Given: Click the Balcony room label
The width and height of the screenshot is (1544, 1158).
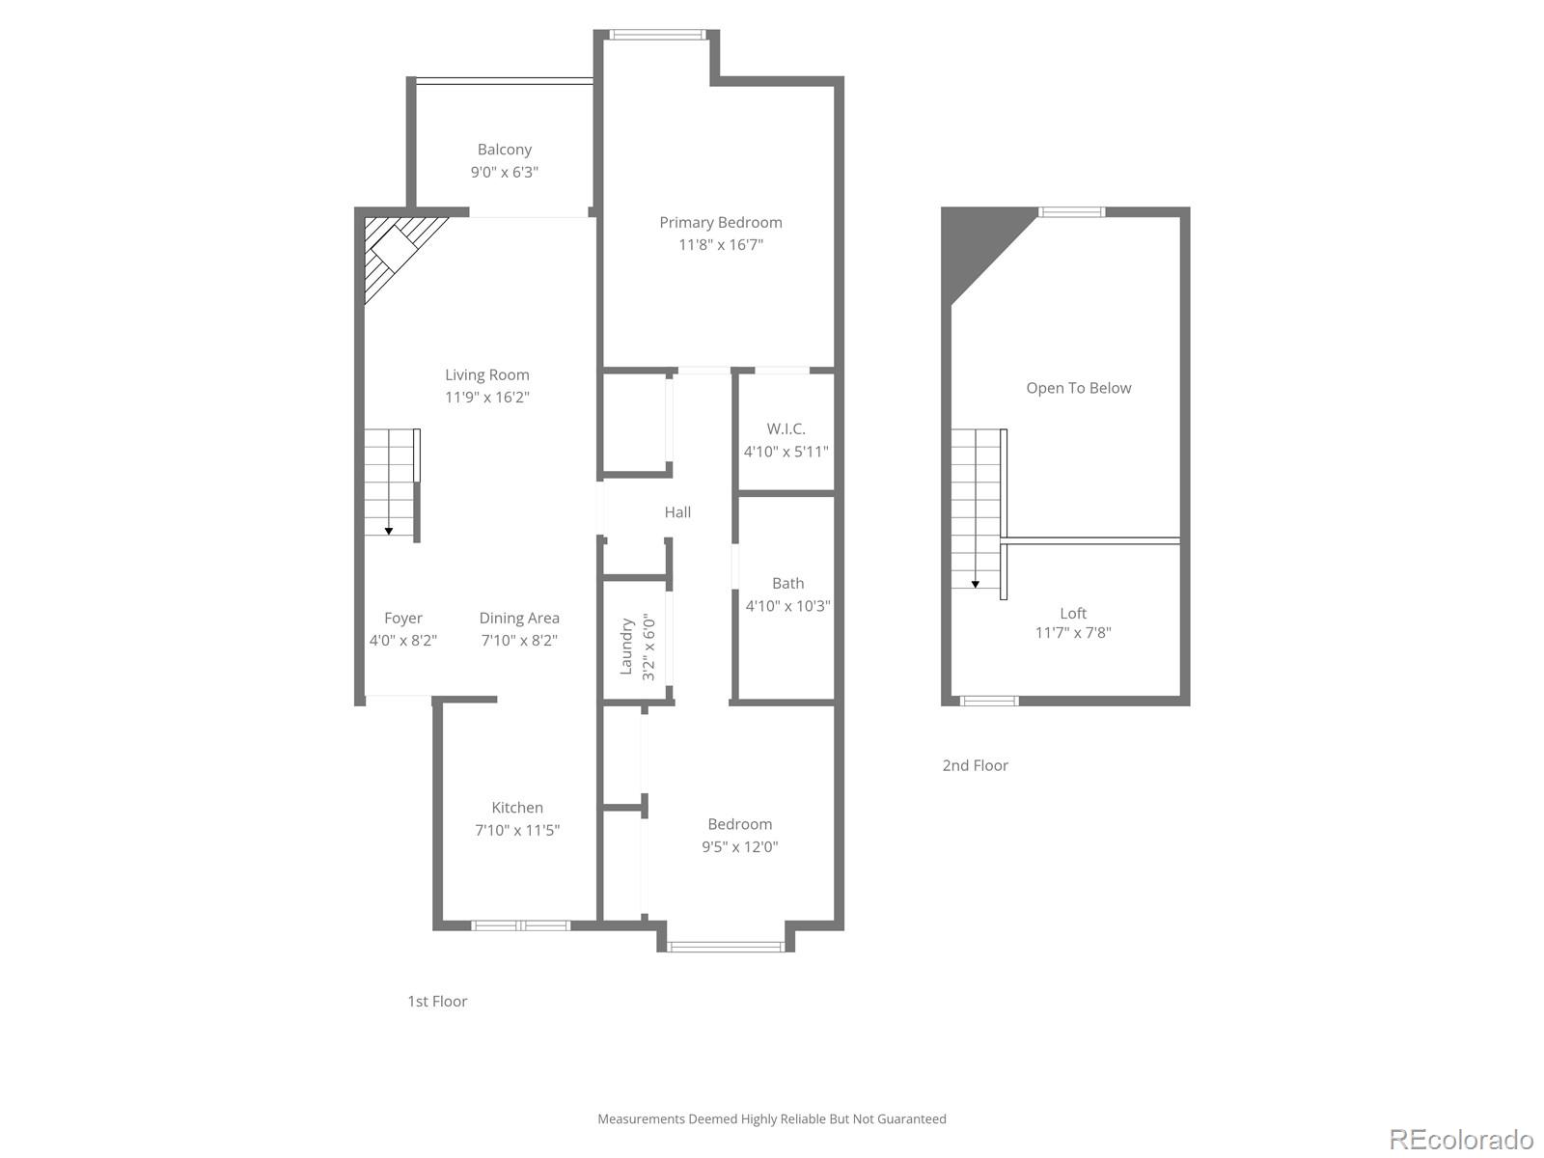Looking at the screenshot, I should point(504,150).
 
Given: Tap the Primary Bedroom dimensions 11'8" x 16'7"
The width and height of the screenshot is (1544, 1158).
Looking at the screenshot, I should point(721,245).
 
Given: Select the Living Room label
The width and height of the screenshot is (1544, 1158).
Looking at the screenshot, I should point(486,374).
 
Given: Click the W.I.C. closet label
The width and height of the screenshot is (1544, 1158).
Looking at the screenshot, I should point(786,428).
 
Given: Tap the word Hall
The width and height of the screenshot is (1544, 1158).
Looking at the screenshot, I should point(677,512).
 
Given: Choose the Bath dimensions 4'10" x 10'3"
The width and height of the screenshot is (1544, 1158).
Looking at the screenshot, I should point(787,606).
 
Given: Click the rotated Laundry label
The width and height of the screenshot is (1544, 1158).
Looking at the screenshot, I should point(626,646).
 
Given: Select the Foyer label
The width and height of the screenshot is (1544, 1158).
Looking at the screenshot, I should point(402,618).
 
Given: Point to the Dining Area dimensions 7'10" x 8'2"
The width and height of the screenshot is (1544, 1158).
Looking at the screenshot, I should point(519,640).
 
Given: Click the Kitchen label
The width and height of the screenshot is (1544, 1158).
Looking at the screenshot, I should point(517,808).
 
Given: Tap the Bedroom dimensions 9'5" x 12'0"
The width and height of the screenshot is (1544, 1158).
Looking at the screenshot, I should point(739,847).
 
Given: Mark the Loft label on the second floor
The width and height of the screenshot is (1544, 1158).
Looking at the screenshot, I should point(1073,613).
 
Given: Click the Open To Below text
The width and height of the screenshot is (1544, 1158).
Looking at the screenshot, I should point(1078,388).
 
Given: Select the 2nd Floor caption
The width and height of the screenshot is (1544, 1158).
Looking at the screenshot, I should point(975,765).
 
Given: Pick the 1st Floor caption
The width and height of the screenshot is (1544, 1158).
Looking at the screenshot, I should point(437,1001).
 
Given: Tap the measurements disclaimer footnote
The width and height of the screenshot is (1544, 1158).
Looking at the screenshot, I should point(771,1119).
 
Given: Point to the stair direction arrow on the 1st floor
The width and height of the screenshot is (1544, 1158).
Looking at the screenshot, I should point(388,530).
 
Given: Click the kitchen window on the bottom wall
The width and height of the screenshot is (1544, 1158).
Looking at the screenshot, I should point(520,925).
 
